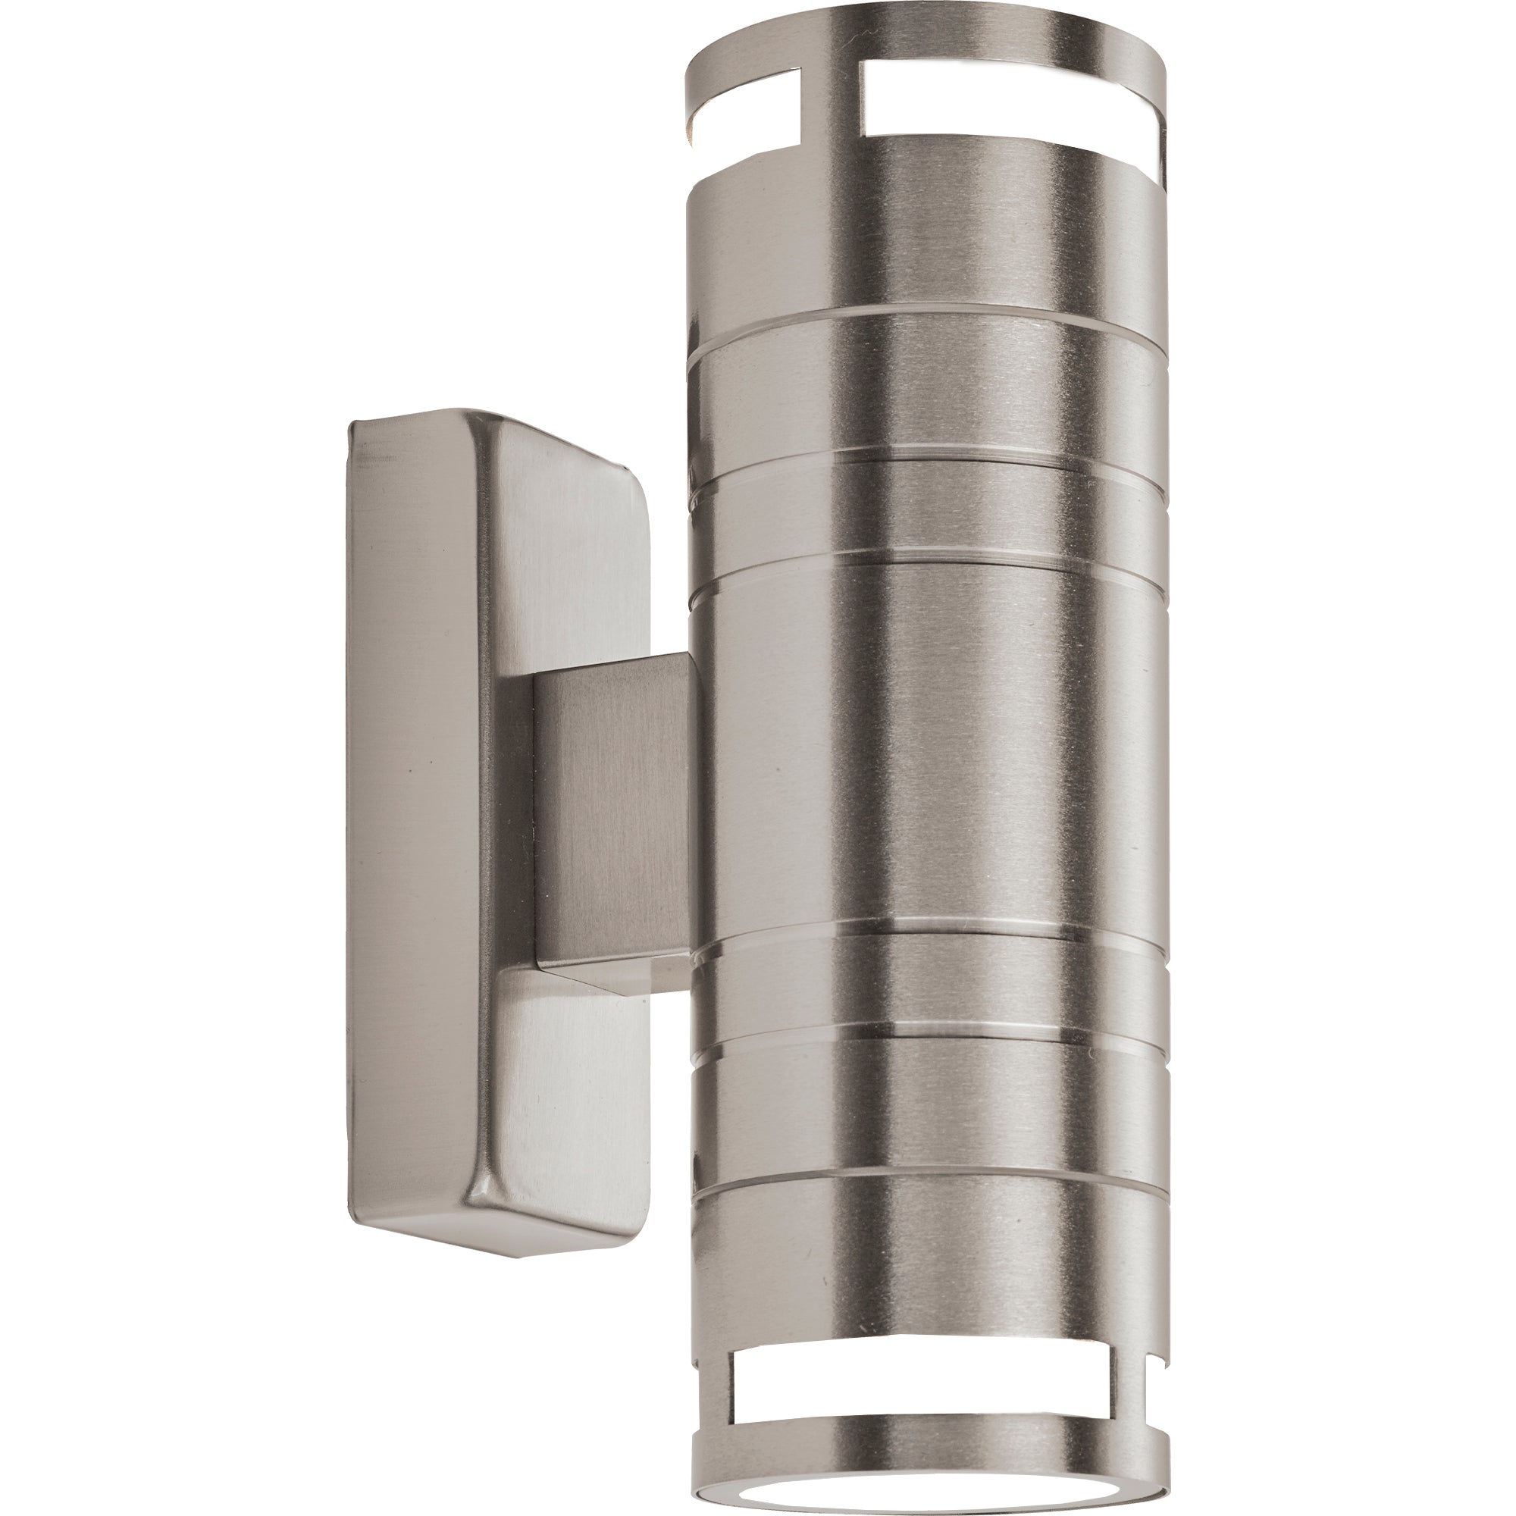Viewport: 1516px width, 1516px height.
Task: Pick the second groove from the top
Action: (926, 462)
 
